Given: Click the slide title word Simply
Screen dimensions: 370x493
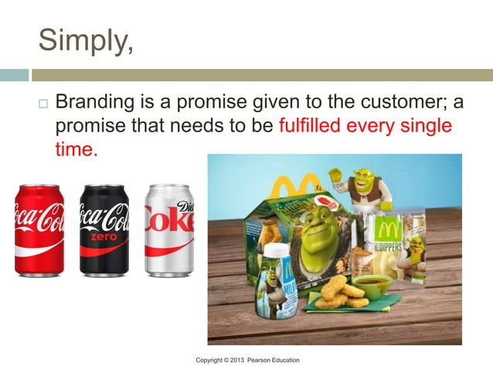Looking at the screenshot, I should [85, 39].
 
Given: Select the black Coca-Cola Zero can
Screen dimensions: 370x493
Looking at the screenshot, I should [104, 230].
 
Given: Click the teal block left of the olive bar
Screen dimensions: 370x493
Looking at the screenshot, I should [14, 76].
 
